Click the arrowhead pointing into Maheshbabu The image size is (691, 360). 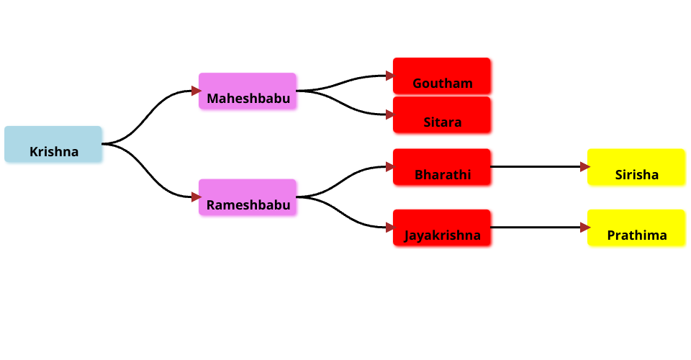[195, 91]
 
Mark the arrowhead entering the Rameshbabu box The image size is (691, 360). [195, 197]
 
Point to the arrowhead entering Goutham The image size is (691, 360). [389, 76]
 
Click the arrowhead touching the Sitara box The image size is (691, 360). [389, 114]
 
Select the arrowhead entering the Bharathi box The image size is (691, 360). [389, 167]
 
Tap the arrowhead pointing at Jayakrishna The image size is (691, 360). [389, 228]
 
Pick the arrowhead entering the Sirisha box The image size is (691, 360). [584, 167]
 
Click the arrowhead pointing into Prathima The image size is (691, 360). [584, 228]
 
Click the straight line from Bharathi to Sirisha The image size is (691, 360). [536, 167]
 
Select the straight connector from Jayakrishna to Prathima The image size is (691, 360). [536, 228]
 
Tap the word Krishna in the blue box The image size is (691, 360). [54, 152]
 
